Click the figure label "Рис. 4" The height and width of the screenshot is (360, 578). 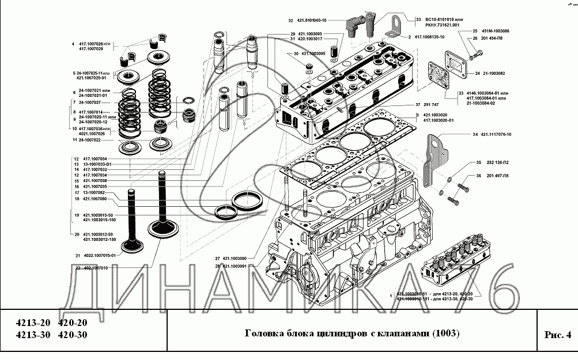point(557,335)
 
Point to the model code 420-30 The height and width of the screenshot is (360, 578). point(74,335)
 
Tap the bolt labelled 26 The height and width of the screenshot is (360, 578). point(477,55)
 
